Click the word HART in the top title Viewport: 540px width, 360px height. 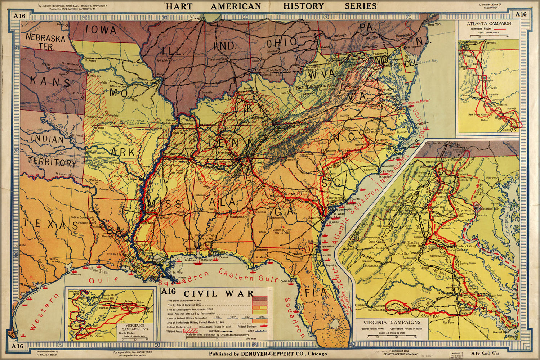point(179,6)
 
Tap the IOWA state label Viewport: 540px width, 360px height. point(101,30)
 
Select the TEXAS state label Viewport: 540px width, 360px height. point(51,225)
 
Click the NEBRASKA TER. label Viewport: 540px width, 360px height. point(45,42)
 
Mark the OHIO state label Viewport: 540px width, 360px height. point(282,42)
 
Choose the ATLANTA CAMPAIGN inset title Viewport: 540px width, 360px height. point(488,24)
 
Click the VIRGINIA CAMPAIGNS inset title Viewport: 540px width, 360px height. point(392,322)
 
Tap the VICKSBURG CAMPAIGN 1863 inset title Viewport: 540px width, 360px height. point(135,327)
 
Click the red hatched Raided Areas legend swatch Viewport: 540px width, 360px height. point(191,330)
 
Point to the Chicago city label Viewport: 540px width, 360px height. point(196,18)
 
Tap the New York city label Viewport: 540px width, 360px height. point(434,24)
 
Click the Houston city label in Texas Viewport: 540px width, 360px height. point(53,259)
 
